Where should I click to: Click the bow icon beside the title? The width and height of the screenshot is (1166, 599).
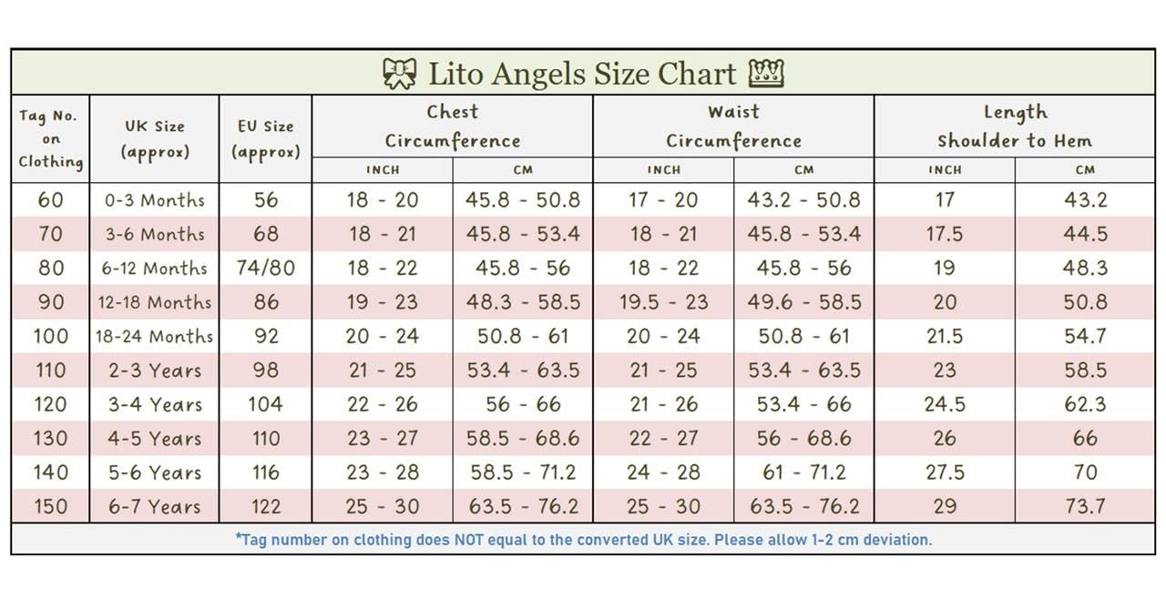[x=399, y=74]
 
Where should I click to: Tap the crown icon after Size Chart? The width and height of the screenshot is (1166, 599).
[x=765, y=73]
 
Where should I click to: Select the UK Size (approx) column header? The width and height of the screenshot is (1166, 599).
[x=155, y=138]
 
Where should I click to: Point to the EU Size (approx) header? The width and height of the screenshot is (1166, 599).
[x=265, y=138]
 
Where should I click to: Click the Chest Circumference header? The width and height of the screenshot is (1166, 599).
[x=452, y=126]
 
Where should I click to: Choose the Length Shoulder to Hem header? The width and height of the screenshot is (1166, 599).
[x=1015, y=126]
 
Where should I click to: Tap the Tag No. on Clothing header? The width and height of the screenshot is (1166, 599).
[x=50, y=138]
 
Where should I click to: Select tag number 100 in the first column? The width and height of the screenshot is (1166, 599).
[x=50, y=336]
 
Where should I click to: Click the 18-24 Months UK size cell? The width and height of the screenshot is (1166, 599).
[x=155, y=336]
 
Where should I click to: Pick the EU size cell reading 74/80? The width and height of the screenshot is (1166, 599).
[x=265, y=268]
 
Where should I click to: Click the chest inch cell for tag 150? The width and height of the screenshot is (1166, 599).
[x=382, y=506]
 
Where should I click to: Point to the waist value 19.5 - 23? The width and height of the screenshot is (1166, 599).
[x=663, y=302]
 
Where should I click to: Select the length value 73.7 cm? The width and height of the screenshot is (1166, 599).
[x=1085, y=506]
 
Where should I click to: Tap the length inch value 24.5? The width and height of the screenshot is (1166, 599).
[x=945, y=404]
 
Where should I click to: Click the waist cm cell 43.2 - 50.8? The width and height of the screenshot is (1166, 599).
[x=803, y=199]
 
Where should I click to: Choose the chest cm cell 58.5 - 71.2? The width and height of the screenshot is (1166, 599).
[x=522, y=472]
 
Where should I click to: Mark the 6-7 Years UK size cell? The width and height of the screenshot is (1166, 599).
[x=155, y=506]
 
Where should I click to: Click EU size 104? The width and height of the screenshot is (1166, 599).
[x=265, y=404]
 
